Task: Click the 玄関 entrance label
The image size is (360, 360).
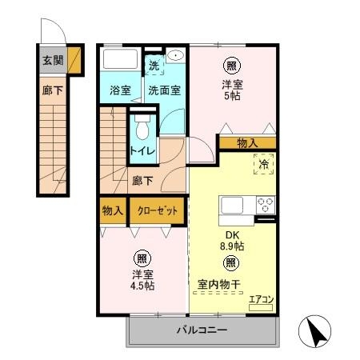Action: tap(53, 61)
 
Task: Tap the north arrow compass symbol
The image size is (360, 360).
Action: tap(314, 331)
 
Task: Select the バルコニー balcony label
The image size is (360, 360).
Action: tap(202, 330)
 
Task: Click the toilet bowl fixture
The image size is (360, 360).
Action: tap(142, 127)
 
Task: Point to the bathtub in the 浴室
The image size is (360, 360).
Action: tap(120, 59)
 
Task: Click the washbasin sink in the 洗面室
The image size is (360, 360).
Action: tap(175, 55)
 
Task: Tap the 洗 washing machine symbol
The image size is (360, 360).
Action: tap(154, 66)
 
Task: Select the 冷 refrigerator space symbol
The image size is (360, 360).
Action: tap(264, 164)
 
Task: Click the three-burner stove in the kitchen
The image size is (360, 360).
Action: tap(266, 205)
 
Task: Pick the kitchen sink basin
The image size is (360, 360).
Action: tap(232, 205)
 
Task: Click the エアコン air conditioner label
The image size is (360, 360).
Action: tap(262, 300)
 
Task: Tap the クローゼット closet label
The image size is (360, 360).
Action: tap(157, 211)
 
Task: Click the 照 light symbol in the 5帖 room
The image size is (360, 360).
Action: tap(231, 66)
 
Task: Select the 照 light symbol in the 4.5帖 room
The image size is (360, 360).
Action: tap(142, 258)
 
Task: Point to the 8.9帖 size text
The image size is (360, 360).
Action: tap(232, 246)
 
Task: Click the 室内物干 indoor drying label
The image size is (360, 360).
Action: tap(218, 284)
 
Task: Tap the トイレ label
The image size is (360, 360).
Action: tap(142, 151)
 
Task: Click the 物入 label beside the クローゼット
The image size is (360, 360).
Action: tap(113, 211)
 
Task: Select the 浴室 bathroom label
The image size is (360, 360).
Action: tap(120, 90)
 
